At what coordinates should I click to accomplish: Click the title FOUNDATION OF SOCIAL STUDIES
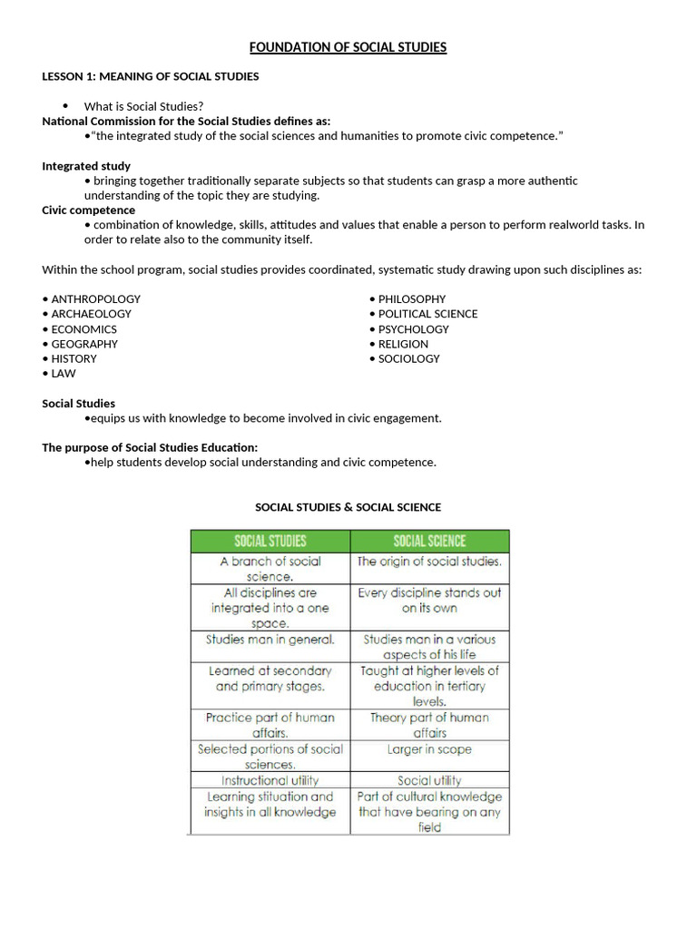pyautogui.click(x=348, y=47)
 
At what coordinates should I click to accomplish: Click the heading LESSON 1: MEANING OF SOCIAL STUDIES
pyautogui.click(x=151, y=76)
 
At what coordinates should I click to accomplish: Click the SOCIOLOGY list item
pyautogui.click(x=408, y=358)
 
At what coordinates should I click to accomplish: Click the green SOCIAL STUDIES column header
pyautogui.click(x=270, y=542)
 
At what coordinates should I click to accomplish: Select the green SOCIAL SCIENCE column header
pyautogui.click(x=429, y=542)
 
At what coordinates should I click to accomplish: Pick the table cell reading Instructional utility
pyautogui.click(x=270, y=780)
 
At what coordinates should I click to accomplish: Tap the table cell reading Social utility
pyautogui.click(x=429, y=780)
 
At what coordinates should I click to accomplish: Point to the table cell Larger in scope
pyautogui.click(x=429, y=749)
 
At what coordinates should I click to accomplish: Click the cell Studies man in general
pyautogui.click(x=270, y=640)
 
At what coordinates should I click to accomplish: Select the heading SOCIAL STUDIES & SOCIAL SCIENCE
pyautogui.click(x=348, y=507)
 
